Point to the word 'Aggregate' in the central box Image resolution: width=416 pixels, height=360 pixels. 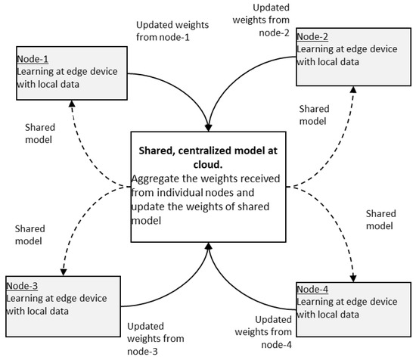(x=157, y=180)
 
